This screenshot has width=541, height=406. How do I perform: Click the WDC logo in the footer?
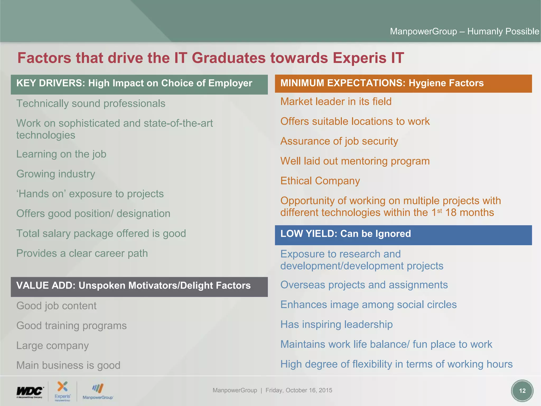point(30,391)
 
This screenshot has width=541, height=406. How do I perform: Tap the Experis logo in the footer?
point(63,391)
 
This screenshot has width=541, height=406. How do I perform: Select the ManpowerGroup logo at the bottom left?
point(98,391)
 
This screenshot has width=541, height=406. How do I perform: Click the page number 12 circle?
point(522,391)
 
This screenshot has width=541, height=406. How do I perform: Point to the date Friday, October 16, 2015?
point(299,390)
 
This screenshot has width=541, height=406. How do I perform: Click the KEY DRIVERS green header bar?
point(139,84)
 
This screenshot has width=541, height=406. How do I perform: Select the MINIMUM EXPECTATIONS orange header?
point(403,84)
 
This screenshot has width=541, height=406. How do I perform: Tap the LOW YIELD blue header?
point(403,235)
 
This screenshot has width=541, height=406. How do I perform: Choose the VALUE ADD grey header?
point(139,287)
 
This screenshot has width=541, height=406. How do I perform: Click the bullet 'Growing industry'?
point(56,174)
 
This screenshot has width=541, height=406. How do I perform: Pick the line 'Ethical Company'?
point(320,181)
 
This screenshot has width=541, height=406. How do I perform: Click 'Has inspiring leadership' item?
point(337,325)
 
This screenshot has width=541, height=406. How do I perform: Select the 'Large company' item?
point(53,346)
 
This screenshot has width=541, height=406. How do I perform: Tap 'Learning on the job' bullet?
point(61,154)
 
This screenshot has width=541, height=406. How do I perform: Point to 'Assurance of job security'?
point(339,141)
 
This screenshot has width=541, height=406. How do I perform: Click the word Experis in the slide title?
point(360,58)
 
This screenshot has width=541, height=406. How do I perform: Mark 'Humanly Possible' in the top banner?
point(503,31)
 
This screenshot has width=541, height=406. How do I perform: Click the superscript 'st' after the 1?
point(440,211)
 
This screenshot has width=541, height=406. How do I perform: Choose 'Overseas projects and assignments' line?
point(364,285)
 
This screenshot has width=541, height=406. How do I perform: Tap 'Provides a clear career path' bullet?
point(82,253)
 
